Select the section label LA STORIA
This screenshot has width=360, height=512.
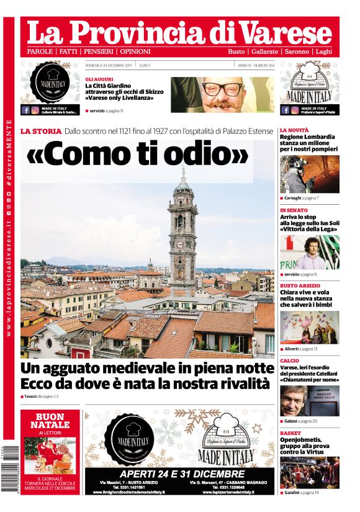point(41,131)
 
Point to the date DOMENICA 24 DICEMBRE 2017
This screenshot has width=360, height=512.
point(109,65)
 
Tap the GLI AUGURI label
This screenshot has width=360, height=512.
point(99,79)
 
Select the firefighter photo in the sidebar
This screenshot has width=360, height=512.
point(309,174)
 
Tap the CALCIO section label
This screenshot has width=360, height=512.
point(289,361)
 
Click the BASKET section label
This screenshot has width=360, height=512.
point(290,432)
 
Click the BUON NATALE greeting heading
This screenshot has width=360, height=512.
point(50,420)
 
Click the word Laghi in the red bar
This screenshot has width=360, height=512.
point(323,51)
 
